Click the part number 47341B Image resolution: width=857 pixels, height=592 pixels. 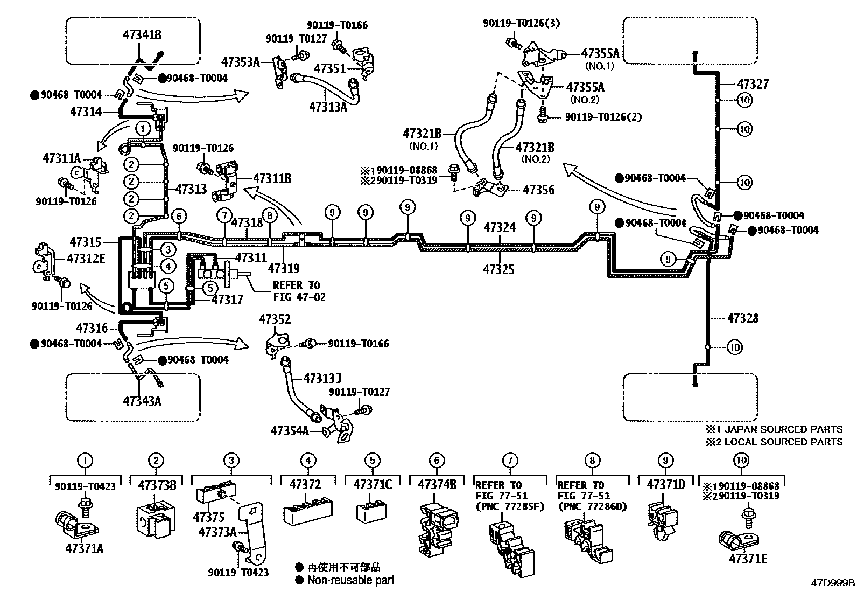(x=142, y=35)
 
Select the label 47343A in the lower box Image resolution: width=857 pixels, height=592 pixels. (x=142, y=401)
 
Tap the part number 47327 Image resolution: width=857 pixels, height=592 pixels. (x=753, y=84)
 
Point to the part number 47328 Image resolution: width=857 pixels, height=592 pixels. (x=743, y=318)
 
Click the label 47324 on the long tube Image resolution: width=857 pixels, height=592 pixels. (x=500, y=228)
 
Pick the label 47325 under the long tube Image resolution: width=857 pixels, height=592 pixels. (x=498, y=269)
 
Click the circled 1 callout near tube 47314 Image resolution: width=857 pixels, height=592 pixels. (x=143, y=128)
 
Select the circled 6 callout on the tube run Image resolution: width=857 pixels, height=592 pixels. (x=179, y=216)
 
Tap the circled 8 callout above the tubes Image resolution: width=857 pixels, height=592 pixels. (x=270, y=216)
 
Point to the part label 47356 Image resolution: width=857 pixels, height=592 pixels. (x=539, y=190)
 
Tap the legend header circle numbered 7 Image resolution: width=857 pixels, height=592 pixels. (x=510, y=461)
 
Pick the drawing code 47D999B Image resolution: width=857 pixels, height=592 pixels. (x=833, y=583)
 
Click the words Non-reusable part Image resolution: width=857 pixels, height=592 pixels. (x=350, y=580)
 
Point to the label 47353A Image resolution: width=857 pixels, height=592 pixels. (x=240, y=62)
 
